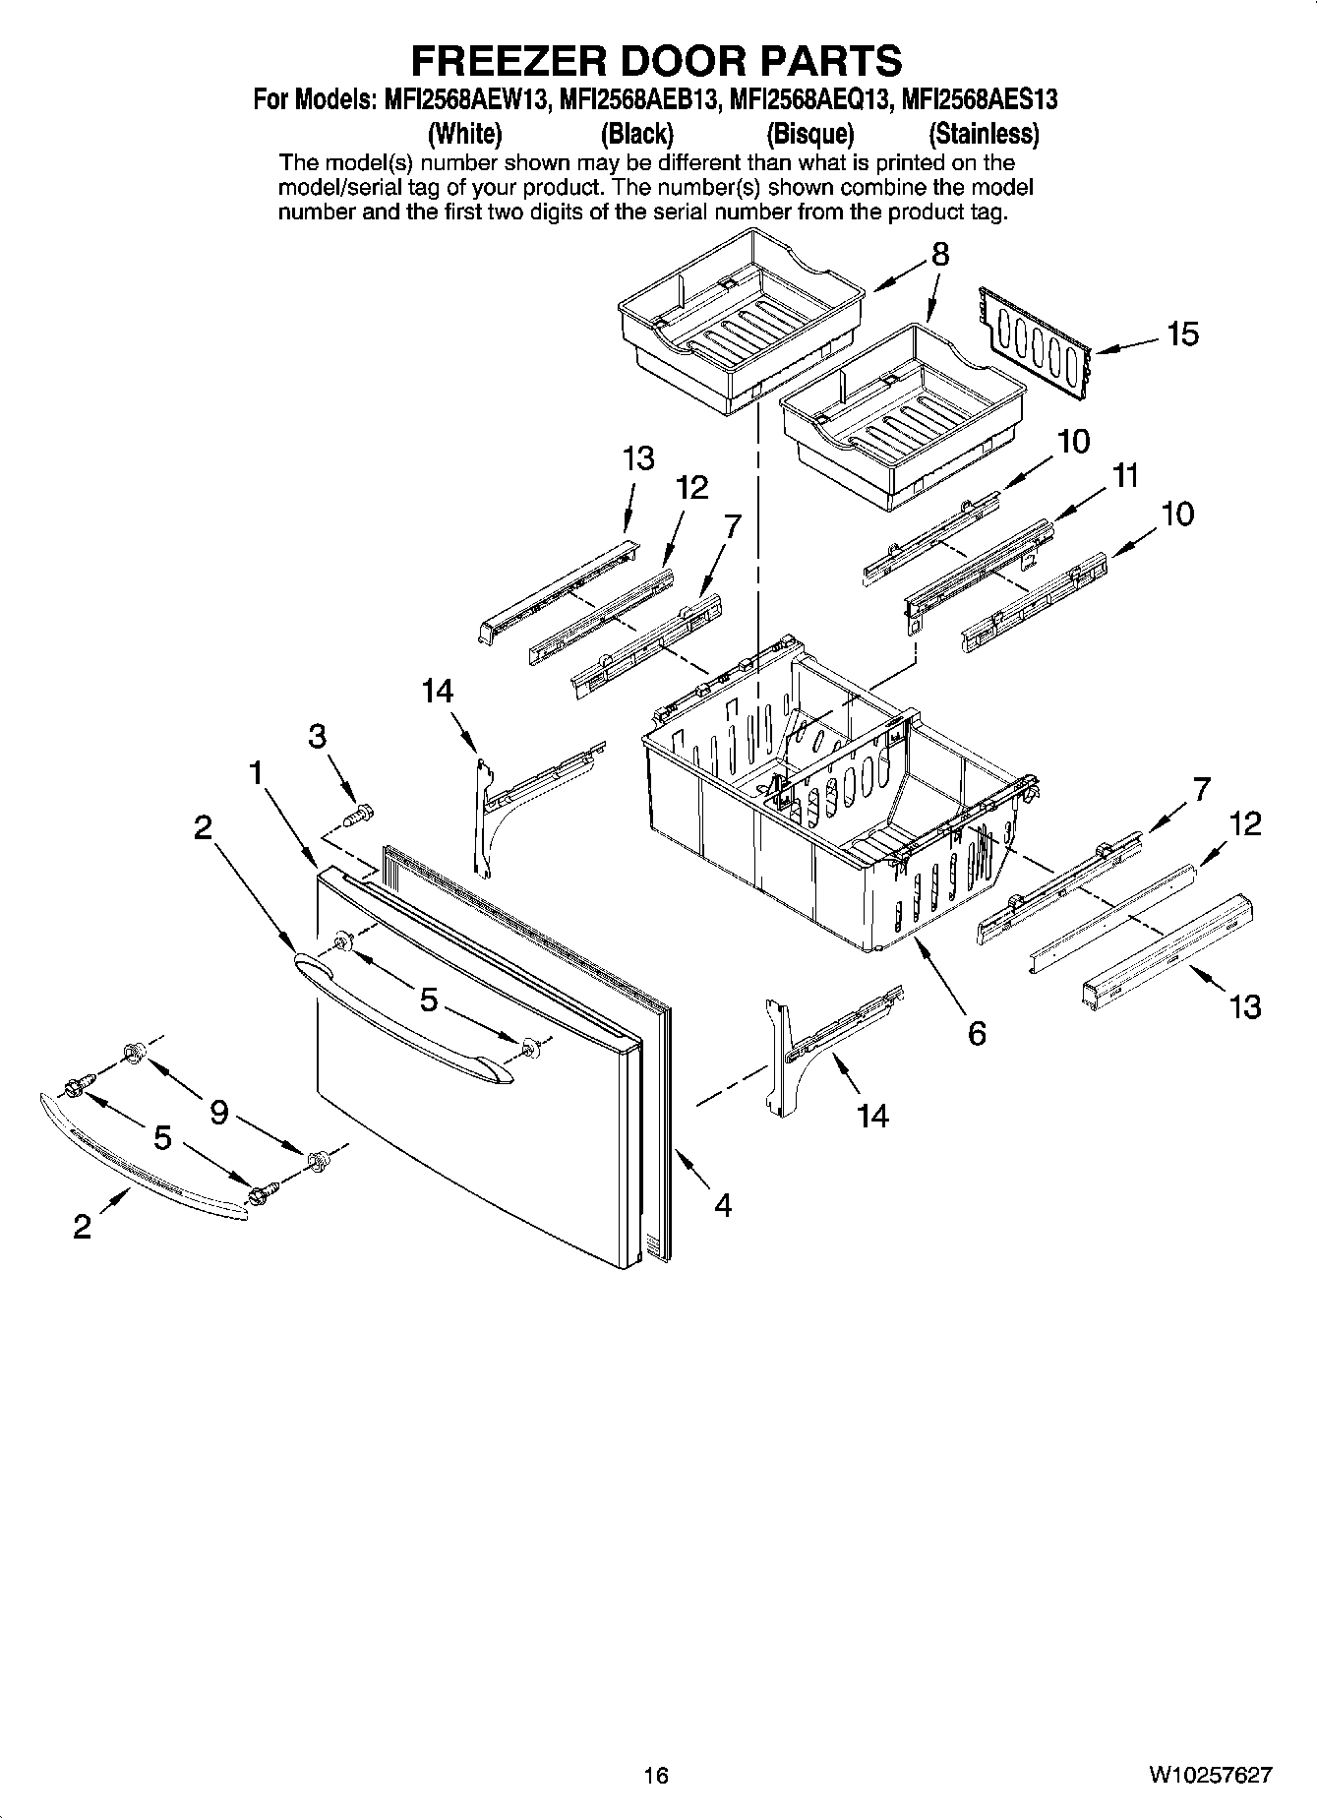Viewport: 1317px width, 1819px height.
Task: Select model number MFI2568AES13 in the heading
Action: pyautogui.click(x=979, y=100)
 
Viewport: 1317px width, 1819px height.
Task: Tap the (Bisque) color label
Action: pyautogui.click(x=809, y=134)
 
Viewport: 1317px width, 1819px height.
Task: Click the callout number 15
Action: pyautogui.click(x=1182, y=334)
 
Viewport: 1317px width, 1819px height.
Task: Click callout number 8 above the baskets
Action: pyautogui.click(x=940, y=255)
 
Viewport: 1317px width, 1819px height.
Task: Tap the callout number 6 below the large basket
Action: pyautogui.click(x=976, y=1033)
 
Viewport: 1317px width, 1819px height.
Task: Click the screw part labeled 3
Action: pyautogui.click(x=361, y=816)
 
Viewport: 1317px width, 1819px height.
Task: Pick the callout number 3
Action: pyautogui.click(x=317, y=736)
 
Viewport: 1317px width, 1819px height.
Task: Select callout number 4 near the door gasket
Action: pyautogui.click(x=723, y=1205)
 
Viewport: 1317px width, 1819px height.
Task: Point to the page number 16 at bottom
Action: pyautogui.click(x=656, y=1775)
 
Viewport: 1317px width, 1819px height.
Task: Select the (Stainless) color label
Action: pyautogui.click(x=984, y=134)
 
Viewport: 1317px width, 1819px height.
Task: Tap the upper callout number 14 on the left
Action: pyautogui.click(x=438, y=692)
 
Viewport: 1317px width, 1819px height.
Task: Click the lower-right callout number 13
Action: pyautogui.click(x=1244, y=1006)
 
